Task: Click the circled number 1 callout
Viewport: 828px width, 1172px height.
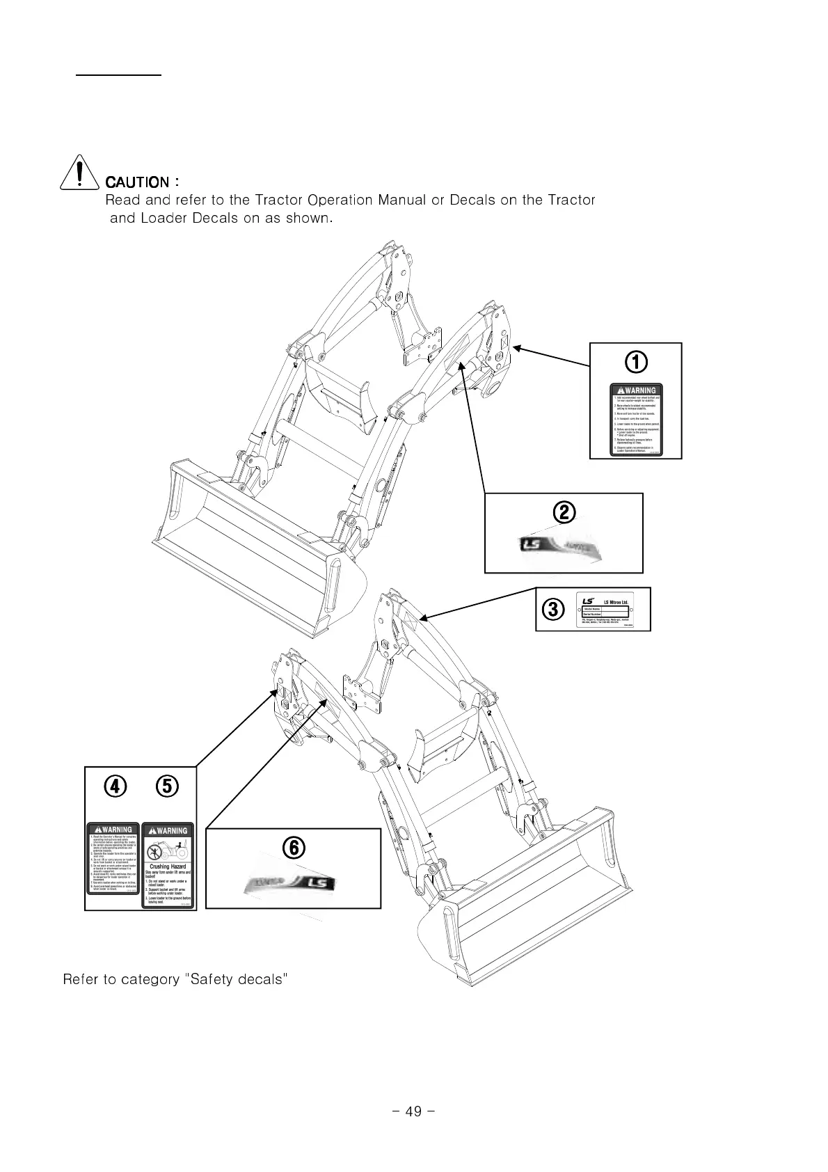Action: point(635,361)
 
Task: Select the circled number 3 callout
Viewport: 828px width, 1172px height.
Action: point(552,610)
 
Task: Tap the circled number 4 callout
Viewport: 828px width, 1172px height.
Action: point(116,786)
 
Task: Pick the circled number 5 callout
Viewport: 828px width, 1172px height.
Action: point(168,786)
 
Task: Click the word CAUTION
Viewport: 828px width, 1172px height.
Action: point(136,182)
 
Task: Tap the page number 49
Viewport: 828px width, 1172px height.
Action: point(413,1111)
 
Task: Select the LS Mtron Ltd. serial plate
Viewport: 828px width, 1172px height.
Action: point(605,610)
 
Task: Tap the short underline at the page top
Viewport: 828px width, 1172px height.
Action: point(119,72)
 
